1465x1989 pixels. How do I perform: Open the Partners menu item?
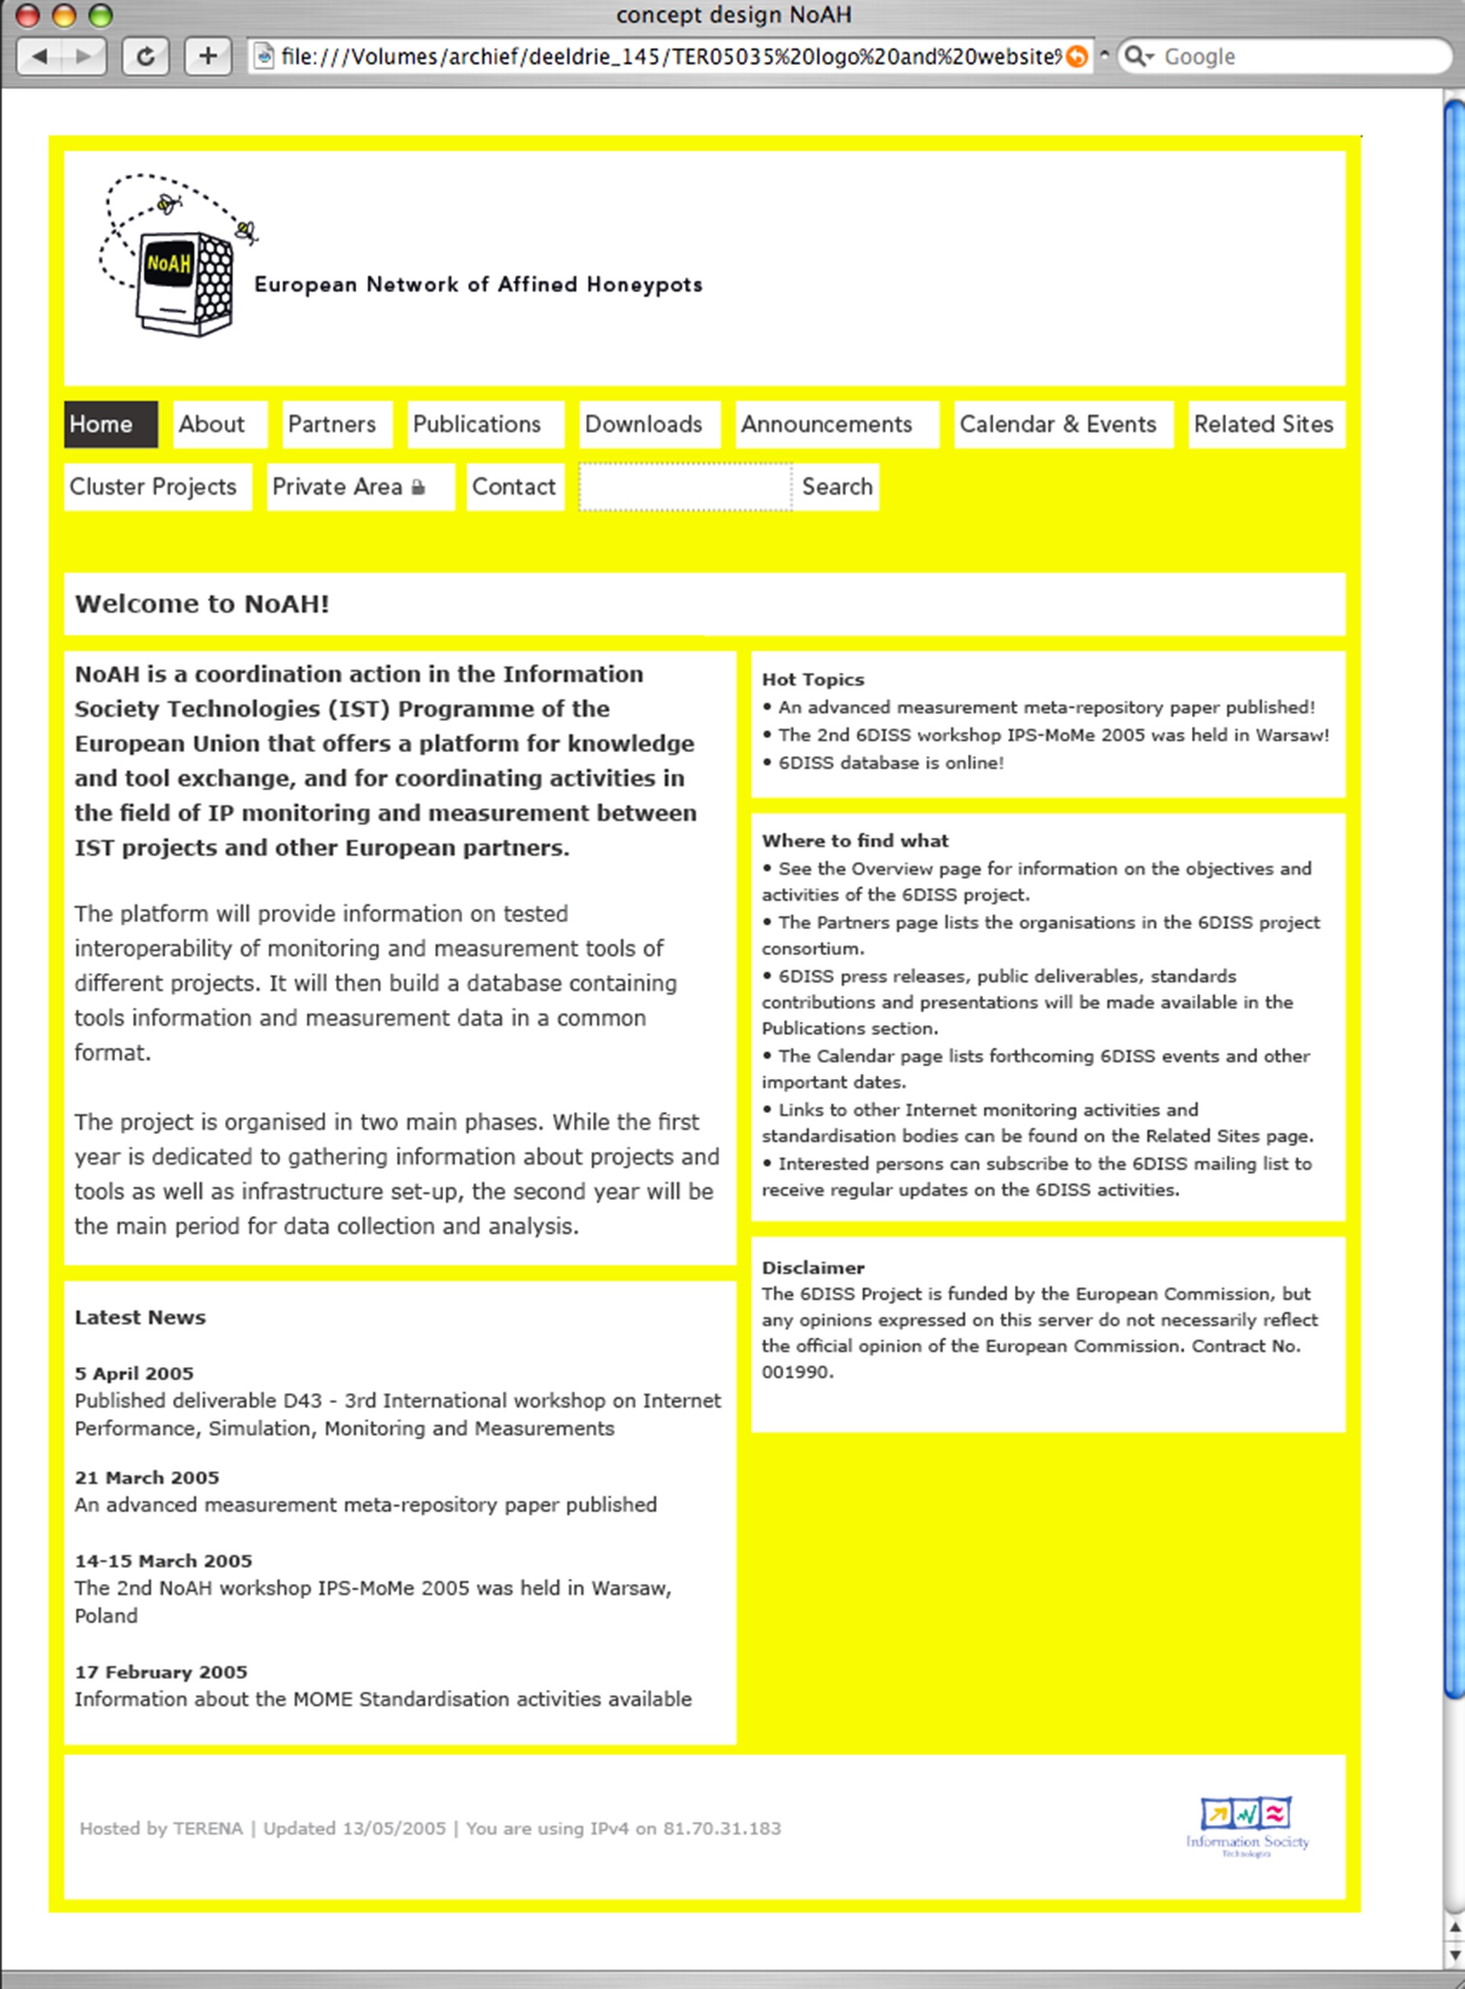point(333,425)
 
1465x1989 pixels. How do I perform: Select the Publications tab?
point(477,425)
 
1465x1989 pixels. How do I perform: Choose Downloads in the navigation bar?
point(644,425)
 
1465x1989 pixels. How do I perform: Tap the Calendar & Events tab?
point(1058,425)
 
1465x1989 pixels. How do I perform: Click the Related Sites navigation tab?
point(1264,425)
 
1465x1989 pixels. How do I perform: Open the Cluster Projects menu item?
point(153,487)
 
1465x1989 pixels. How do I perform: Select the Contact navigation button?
point(514,487)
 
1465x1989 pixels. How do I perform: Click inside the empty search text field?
point(684,487)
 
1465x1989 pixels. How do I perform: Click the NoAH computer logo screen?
point(169,263)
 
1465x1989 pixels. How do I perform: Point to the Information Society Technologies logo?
point(1247,1826)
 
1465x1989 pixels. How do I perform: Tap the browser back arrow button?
point(40,56)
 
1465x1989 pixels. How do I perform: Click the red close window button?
point(27,15)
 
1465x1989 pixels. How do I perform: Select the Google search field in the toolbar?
point(1295,56)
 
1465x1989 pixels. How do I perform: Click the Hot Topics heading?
point(813,679)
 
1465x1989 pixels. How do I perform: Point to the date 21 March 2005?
point(146,1477)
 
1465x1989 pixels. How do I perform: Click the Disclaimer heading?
point(813,1268)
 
